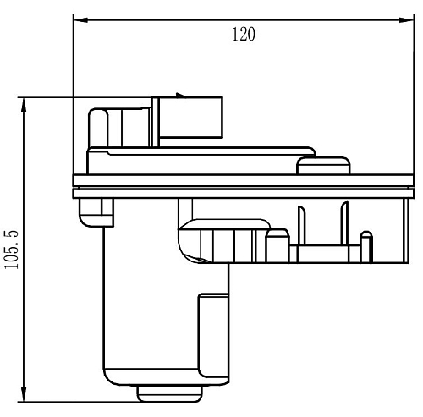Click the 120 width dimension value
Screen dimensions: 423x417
pyautogui.click(x=244, y=35)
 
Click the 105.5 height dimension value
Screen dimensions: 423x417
pyautogui.click(x=12, y=250)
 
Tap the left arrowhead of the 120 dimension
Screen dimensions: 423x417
pyautogui.click(x=80, y=20)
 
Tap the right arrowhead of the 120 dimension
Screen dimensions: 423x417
pyautogui.click(x=407, y=20)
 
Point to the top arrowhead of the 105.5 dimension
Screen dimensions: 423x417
pyautogui.click(x=24, y=105)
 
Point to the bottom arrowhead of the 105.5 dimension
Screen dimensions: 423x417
pyautogui.click(x=24, y=394)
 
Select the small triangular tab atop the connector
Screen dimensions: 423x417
pyautogui.click(x=180, y=96)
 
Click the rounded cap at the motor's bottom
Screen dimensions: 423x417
pyautogui.click(x=170, y=394)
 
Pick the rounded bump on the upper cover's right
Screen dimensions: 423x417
pyautogui.click(x=324, y=166)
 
